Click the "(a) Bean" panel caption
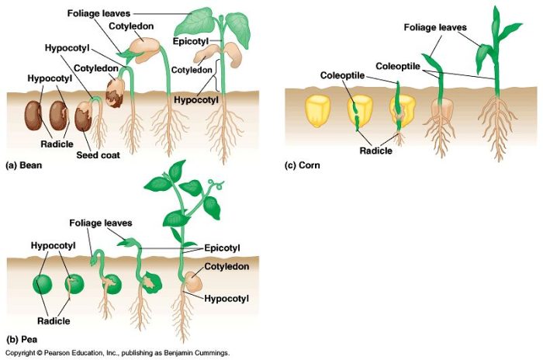tap(23, 166)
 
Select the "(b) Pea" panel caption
tap(22, 339)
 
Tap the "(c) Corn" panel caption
tap(303, 165)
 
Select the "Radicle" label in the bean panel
tap(58, 144)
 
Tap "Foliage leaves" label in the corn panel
tap(435, 28)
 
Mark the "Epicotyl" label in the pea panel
tap(222, 247)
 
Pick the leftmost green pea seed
tap(42, 284)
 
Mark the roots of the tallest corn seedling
tap(496, 124)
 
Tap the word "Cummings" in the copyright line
tap(213, 352)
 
